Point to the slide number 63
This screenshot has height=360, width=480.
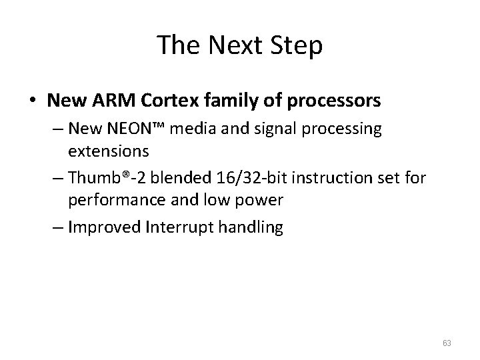[x=447, y=343]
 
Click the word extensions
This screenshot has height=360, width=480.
[x=108, y=150]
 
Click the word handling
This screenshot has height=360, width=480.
[x=251, y=227]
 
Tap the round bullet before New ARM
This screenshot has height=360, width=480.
[x=32, y=101]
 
